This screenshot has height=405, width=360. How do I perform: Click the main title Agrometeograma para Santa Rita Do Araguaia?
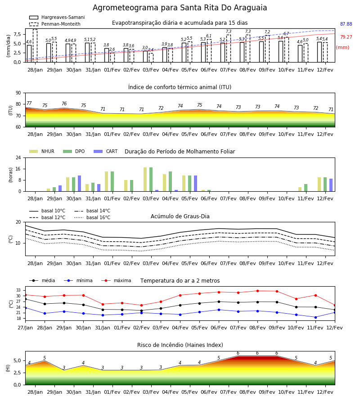coord(180,8)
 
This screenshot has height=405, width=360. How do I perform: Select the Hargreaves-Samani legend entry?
coord(57,17)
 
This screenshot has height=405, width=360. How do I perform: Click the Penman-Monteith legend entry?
coord(55,24)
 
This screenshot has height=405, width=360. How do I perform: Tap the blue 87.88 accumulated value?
coord(346,24)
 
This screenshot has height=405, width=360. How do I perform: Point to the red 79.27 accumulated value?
coord(346,37)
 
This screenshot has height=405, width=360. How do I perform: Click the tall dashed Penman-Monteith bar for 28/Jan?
coord(35,46)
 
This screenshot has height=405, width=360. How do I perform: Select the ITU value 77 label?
coord(29,103)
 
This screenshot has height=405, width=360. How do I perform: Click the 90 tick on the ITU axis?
coord(18,93)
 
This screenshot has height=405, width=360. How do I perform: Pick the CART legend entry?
coord(106,151)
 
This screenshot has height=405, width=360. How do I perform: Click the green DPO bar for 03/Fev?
coord(151,180)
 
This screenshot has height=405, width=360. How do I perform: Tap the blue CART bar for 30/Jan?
coord(80,184)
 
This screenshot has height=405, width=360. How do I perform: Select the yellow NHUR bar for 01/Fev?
coord(106,181)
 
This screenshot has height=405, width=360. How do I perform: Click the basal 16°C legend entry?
coord(92,217)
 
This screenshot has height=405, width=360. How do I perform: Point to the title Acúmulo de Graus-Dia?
coord(180,216)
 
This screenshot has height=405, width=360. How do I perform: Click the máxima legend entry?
coord(116,280)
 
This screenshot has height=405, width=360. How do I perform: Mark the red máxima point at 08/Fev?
coord(257,291)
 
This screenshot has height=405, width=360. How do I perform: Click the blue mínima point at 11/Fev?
coord(315,317)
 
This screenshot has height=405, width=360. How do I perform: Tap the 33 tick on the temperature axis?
coord(18,290)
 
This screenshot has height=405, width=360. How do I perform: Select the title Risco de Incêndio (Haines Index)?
coord(180,345)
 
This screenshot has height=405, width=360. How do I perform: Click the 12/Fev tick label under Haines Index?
coord(325,392)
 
